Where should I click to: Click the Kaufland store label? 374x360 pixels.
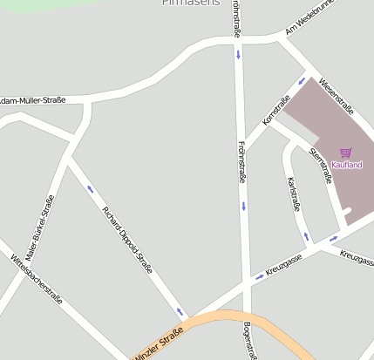click(x=346, y=166)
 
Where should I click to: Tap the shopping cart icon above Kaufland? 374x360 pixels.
click(x=346, y=153)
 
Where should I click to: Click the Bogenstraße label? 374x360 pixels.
click(x=249, y=341)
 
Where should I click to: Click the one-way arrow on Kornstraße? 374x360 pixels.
click(x=302, y=81)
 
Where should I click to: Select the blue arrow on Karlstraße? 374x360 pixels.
click(x=306, y=236)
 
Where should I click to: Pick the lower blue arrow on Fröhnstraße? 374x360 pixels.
click(x=244, y=207)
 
